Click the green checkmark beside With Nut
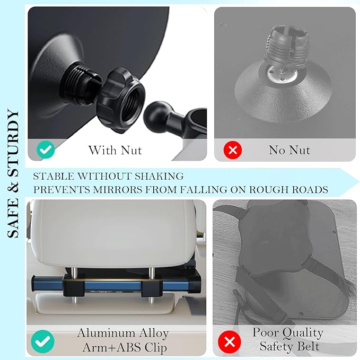[x=46, y=150]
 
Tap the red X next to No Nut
[x=232, y=150]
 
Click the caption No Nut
[x=289, y=150]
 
